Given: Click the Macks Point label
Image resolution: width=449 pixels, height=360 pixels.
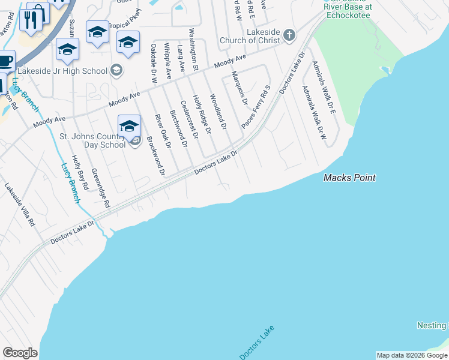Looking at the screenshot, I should pyautogui.click(x=349, y=178).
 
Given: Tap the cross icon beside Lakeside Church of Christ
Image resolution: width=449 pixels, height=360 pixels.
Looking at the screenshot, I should pyautogui.click(x=289, y=35).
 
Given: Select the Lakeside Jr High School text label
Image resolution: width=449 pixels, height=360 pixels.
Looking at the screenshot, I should pyautogui.click(x=62, y=71).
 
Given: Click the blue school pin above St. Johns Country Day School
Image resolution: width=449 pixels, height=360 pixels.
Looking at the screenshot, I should pyautogui.click(x=129, y=126).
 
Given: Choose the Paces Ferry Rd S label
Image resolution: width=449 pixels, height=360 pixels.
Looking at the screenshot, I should pyautogui.click(x=256, y=106).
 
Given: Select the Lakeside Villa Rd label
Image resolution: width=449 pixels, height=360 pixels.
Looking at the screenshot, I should pyautogui.click(x=20, y=204).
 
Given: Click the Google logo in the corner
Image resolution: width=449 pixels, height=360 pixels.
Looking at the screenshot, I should pyautogui.click(x=20, y=353).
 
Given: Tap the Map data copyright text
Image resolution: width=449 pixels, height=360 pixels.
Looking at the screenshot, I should pyautogui.click(x=412, y=355).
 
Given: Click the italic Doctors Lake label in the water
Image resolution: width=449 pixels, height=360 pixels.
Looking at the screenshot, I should pyautogui.click(x=257, y=343).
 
